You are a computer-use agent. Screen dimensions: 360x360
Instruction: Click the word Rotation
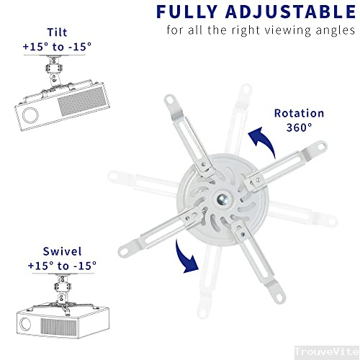point(299,113)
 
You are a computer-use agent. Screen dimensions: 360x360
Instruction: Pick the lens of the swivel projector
point(32,321)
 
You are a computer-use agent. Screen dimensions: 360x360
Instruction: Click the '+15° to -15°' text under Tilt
point(57,47)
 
